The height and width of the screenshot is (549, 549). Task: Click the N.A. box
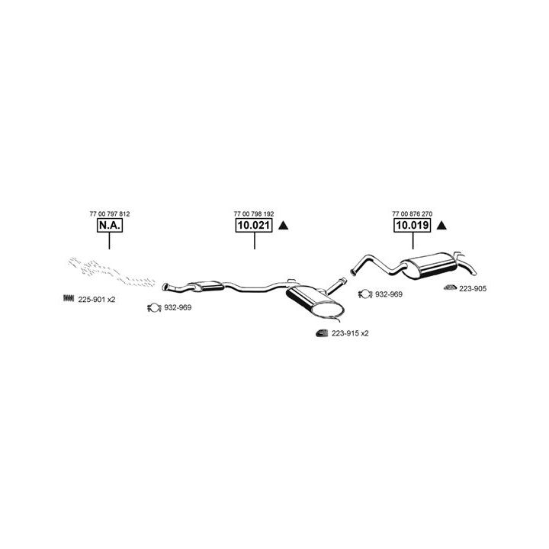[x=109, y=226]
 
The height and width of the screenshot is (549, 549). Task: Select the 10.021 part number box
[x=253, y=226]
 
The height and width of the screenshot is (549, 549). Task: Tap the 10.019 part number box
[x=412, y=226]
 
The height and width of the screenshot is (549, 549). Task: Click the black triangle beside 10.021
[x=283, y=226]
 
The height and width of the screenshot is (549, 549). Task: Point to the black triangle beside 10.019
[x=441, y=226]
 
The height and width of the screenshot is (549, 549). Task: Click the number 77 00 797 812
[x=109, y=214]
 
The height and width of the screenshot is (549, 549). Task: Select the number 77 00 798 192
[x=253, y=214]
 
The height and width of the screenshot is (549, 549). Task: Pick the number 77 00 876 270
[x=412, y=214]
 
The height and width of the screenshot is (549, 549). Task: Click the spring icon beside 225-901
[x=68, y=299]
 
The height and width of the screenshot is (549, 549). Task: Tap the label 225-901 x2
[x=97, y=300]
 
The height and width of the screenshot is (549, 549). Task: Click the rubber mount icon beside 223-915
[x=322, y=333]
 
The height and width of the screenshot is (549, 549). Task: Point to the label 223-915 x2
[x=350, y=333]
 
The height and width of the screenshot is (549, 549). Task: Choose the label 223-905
[x=474, y=288]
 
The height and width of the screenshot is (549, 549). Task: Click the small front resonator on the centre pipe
[x=204, y=285]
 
